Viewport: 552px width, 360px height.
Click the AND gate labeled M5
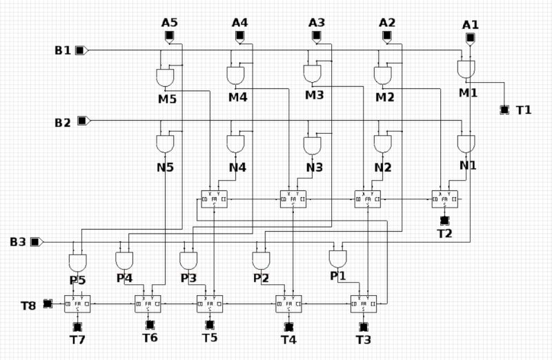coord(166,76)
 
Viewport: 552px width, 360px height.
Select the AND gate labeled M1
coord(466,69)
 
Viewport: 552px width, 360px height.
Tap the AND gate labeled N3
coord(313,146)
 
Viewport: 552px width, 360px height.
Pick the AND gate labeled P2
coord(261,261)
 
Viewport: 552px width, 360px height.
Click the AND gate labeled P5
coord(78,263)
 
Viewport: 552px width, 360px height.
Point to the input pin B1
coord(81,50)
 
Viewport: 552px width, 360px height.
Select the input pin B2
coord(82,121)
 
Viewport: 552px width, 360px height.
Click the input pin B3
coord(37,241)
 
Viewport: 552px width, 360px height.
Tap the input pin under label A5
coord(169,37)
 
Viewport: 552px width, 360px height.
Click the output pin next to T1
coord(504,110)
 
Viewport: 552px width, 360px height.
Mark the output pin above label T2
coord(445,220)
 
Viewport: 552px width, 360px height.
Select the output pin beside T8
coord(48,303)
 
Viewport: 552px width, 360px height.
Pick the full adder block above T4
coord(289,303)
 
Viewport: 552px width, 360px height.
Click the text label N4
coord(237,167)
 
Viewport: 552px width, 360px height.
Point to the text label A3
coord(317,23)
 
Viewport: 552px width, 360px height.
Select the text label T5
coord(210,337)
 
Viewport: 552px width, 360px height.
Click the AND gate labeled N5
coord(165,143)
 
